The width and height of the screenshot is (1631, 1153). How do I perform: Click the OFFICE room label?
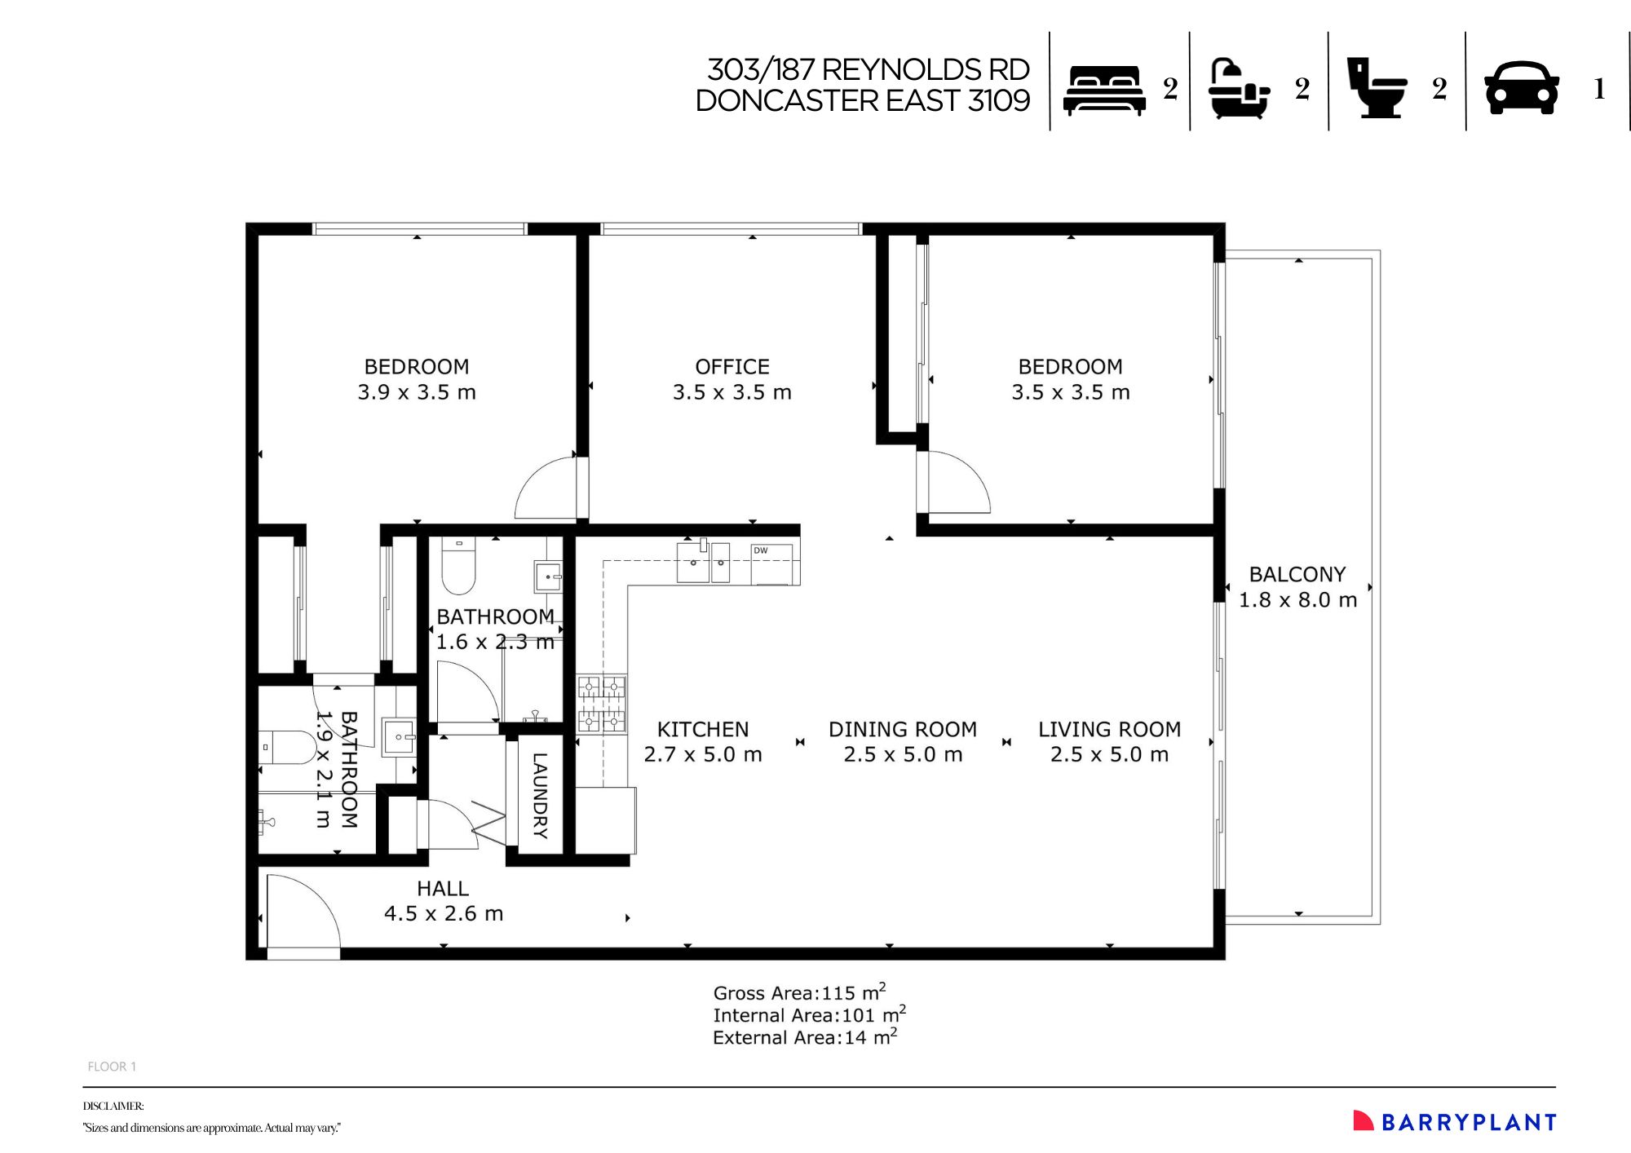pyautogui.click(x=732, y=367)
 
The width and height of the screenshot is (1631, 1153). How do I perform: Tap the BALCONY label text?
pyautogui.click(x=1297, y=574)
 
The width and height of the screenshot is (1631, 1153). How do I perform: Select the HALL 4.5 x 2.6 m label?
pyautogui.click(x=443, y=901)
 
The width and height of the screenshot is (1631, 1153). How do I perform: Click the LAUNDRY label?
pyautogui.click(x=540, y=795)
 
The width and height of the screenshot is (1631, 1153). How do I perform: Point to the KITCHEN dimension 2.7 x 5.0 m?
pyautogui.click(x=702, y=755)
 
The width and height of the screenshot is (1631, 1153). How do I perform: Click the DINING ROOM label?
pyautogui.click(x=902, y=729)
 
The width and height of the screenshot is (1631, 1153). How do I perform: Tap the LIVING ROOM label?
pyautogui.click(x=1109, y=729)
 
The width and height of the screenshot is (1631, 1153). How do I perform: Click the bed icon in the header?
pyautogui.click(x=1104, y=90)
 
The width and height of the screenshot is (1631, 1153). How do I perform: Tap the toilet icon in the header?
pyautogui.click(x=1377, y=88)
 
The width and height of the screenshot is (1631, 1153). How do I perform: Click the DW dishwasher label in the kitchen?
pyautogui.click(x=760, y=551)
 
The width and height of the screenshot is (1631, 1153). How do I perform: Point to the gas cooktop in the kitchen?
pyautogui.click(x=602, y=703)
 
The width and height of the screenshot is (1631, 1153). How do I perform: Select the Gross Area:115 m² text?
pyautogui.click(x=799, y=992)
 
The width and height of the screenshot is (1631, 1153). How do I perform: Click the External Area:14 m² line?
pyautogui.click(x=804, y=1037)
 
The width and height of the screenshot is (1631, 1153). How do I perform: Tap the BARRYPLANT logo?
pyautogui.click(x=1455, y=1122)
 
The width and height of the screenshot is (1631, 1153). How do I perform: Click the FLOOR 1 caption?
pyautogui.click(x=112, y=1067)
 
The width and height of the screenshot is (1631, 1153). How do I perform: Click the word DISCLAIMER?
pyautogui.click(x=113, y=1107)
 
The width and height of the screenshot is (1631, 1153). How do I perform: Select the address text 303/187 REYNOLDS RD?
pyautogui.click(x=868, y=70)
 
